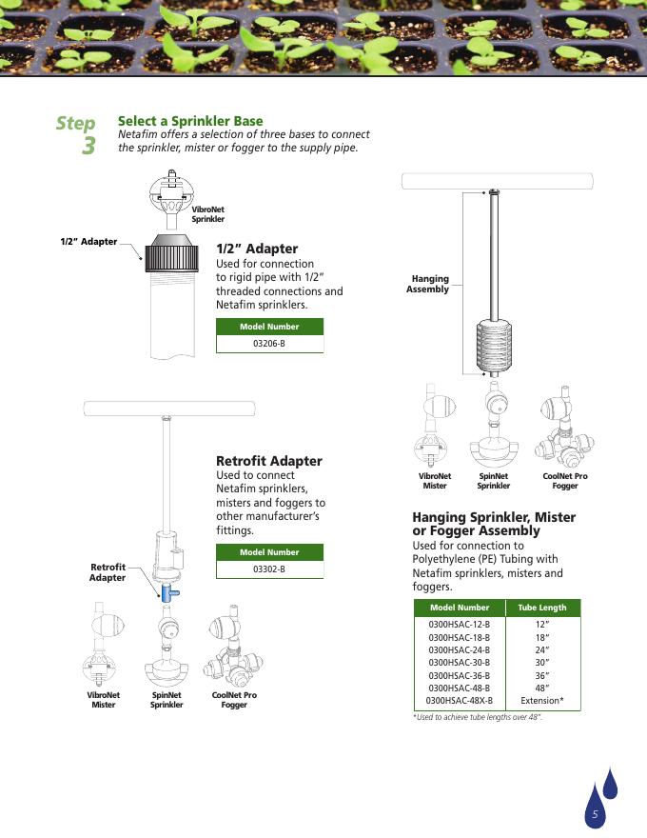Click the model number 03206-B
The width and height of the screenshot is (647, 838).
click(x=269, y=344)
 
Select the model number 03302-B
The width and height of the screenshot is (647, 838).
click(x=269, y=569)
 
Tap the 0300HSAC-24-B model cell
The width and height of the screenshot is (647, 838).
click(x=460, y=649)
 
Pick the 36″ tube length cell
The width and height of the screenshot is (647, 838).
click(x=541, y=675)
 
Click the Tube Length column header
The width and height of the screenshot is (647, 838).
click(x=541, y=608)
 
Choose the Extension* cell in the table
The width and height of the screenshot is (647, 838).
click(x=541, y=701)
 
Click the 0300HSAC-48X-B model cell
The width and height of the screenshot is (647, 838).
click(x=460, y=701)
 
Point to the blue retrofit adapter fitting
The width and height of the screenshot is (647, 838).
click(x=168, y=592)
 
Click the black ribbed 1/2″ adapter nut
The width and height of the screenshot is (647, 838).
click(x=171, y=252)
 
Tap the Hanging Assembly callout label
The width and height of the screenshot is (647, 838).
click(x=427, y=284)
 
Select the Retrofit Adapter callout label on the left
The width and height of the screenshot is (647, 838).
click(x=108, y=572)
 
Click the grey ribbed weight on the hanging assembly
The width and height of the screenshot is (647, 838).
click(x=495, y=346)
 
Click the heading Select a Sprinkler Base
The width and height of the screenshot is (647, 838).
click(x=190, y=121)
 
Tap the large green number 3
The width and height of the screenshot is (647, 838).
click(x=88, y=146)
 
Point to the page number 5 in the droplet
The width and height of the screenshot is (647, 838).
click(x=595, y=814)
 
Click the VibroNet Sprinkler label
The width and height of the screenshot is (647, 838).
click(x=207, y=214)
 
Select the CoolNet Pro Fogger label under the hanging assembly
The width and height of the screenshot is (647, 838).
click(x=565, y=481)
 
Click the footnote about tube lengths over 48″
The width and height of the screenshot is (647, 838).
click(x=478, y=717)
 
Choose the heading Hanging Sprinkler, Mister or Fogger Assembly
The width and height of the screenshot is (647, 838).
click(x=494, y=524)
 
